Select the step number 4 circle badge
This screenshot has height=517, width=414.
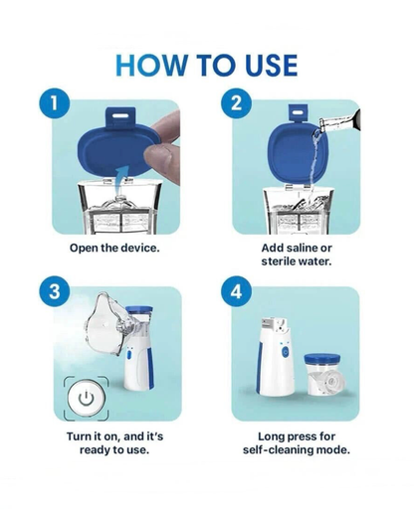[236, 293]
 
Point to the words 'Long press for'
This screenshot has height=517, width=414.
[297, 434]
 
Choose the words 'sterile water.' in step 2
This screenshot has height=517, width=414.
[297, 262]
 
